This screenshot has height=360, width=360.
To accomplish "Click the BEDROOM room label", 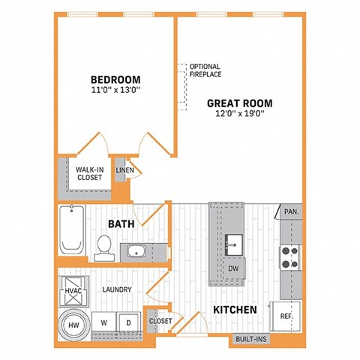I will pos(116,79).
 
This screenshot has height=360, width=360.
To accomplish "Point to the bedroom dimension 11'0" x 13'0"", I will pos(116,91).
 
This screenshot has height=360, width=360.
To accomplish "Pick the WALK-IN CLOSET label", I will pos(89,174).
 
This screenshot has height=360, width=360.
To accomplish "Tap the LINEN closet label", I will pos(124,170).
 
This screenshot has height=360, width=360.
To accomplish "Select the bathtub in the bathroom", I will pos(73,231).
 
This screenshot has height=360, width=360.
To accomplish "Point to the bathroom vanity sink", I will pos(137,250).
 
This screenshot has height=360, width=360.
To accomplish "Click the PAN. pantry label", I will pos(291,212).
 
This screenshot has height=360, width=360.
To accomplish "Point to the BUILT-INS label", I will pos(250,340).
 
